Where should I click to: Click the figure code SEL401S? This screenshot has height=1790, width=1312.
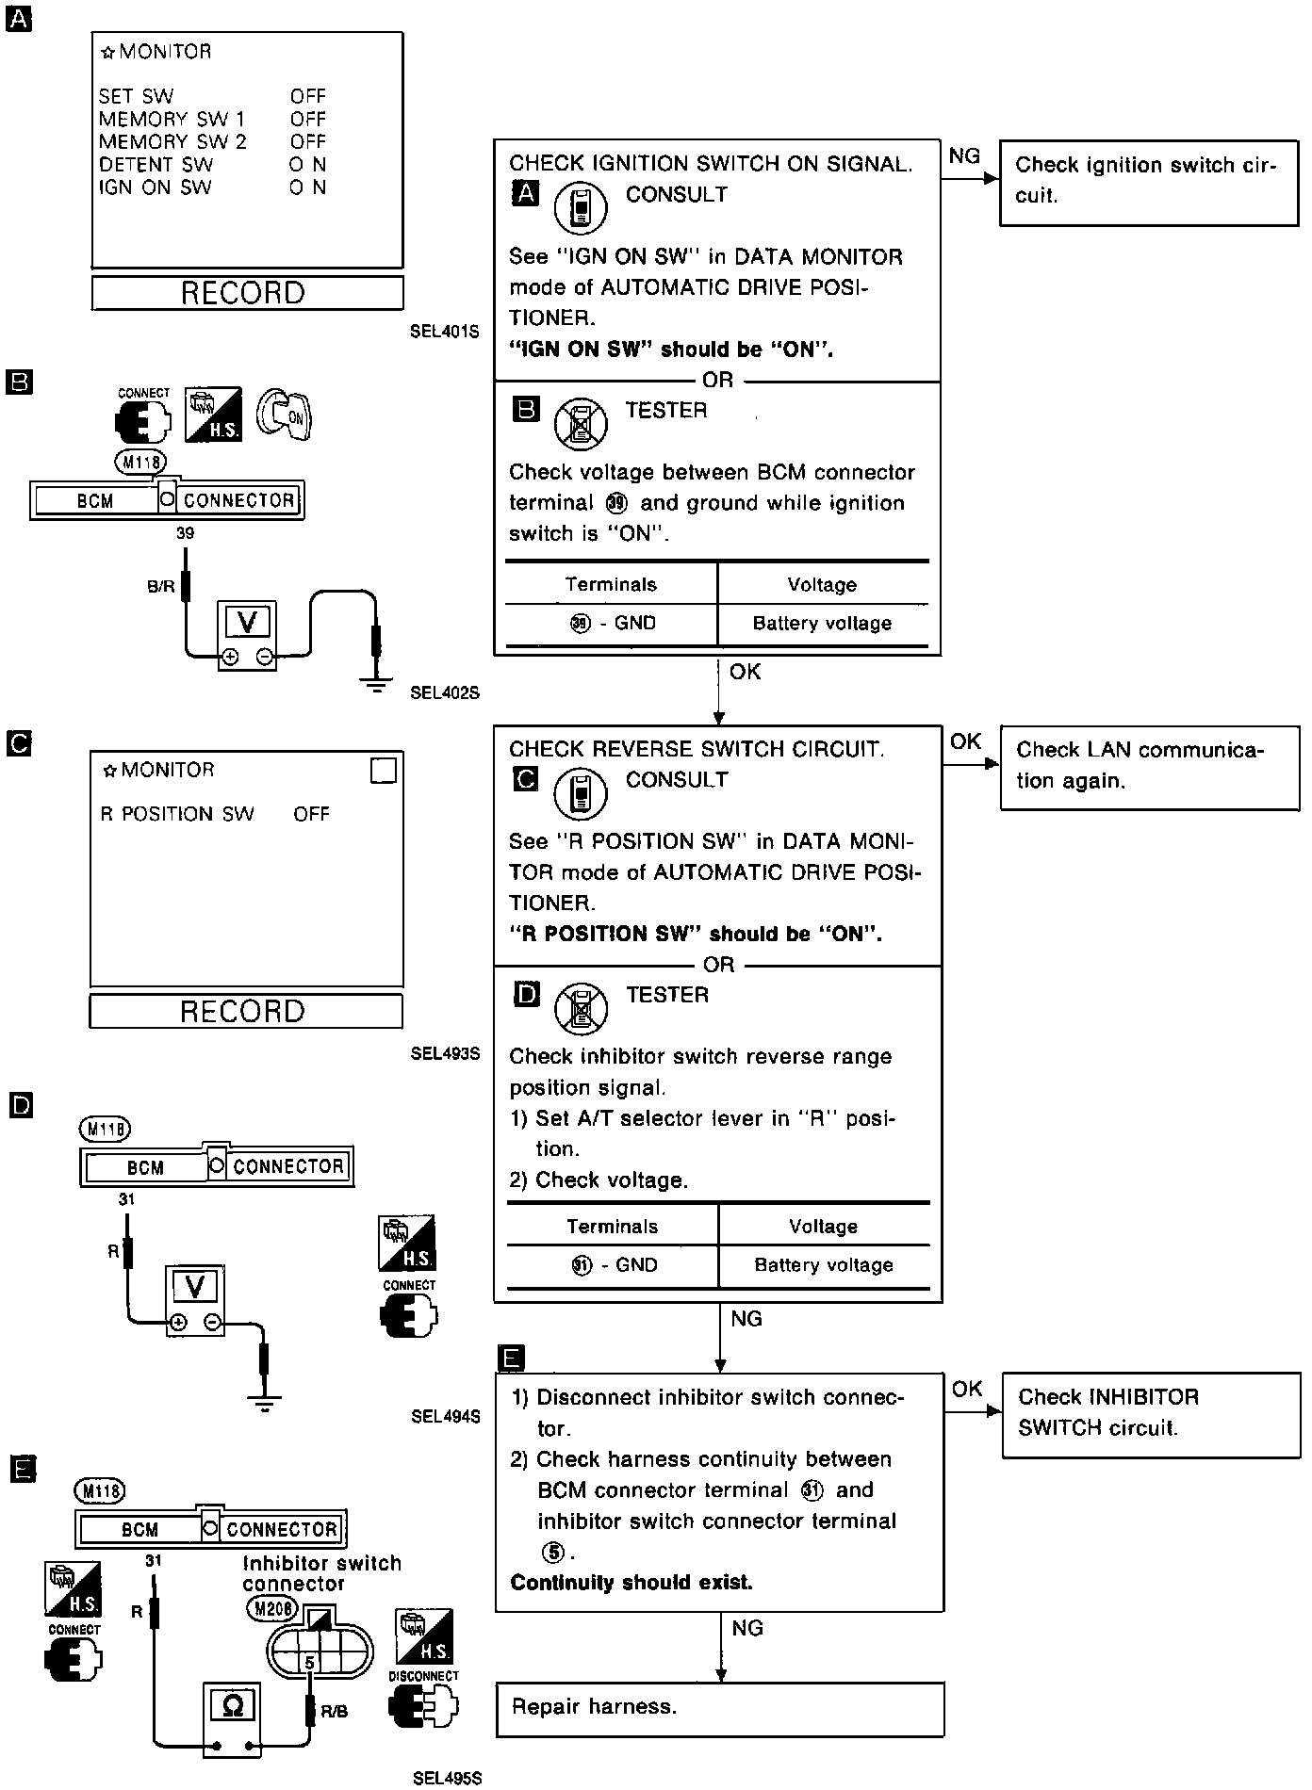[x=445, y=332]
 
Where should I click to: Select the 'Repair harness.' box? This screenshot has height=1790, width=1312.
[x=719, y=1709]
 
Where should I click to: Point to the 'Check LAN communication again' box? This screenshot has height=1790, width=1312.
[x=1149, y=766]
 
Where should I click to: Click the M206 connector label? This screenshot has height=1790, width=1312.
[x=271, y=1609]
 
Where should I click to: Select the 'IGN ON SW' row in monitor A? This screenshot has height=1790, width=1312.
[x=212, y=187]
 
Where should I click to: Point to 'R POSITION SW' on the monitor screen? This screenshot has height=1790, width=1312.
[x=177, y=814]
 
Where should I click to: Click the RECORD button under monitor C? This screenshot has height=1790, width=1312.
[x=245, y=1012]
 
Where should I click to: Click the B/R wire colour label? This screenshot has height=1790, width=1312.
[x=161, y=586]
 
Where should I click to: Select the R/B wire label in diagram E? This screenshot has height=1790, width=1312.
[x=335, y=1712]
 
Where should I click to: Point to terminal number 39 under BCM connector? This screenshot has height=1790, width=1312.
[x=185, y=533]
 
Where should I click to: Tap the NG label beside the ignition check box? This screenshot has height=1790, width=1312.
[x=963, y=156]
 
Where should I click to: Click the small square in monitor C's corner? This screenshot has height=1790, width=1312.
[x=385, y=771]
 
